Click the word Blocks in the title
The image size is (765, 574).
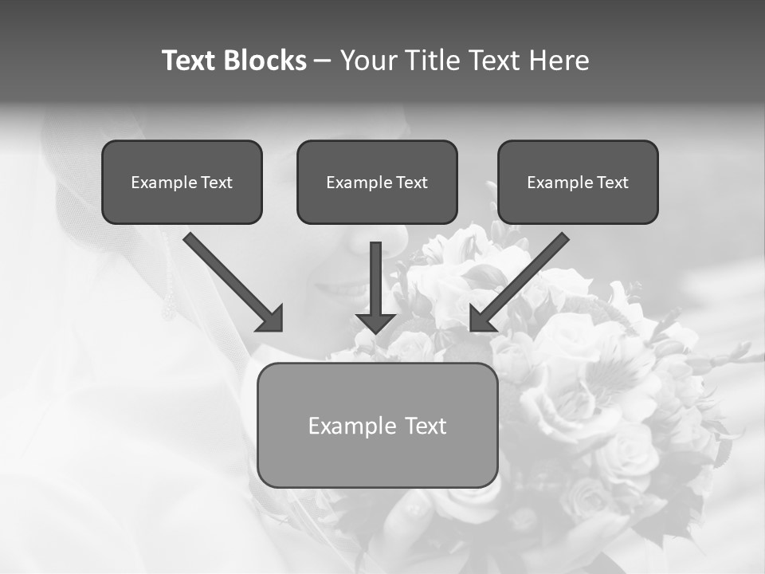[x=264, y=61]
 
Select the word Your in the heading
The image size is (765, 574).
[x=368, y=61]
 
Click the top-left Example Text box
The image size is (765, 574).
[x=182, y=183]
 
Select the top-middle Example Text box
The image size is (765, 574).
[x=377, y=183]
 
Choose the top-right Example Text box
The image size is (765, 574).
[x=578, y=183]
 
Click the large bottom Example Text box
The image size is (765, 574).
[x=377, y=426]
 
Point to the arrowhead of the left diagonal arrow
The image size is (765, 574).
[x=272, y=319]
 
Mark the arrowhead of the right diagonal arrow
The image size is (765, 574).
[x=481, y=319]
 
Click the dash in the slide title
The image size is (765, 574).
[x=323, y=61]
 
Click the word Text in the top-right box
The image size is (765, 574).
[x=612, y=183]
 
